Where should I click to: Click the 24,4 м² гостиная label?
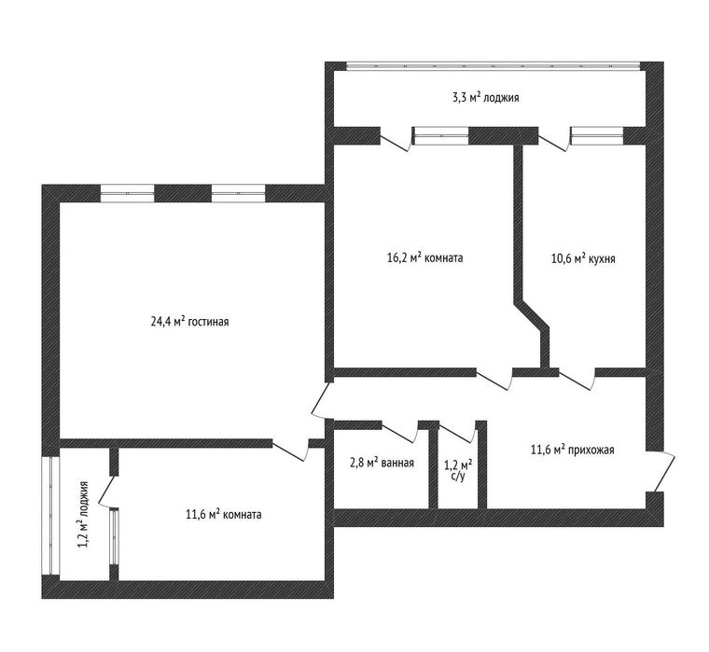coord(189,322)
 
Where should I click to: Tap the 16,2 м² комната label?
coord(425,257)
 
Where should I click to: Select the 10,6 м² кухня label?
coord(583,258)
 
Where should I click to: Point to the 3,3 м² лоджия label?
coord(486,97)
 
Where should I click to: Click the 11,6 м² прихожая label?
coord(572,450)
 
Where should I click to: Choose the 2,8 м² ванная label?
coord(382,463)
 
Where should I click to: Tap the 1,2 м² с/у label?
coord(458,469)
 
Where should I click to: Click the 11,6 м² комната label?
coord(223,514)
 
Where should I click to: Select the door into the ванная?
coord(399,431)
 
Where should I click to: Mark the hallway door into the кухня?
coord(577,379)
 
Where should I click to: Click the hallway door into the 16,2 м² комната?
coord(494,379)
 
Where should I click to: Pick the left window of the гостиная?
coord(127,193)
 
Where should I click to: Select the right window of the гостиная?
coord(238,193)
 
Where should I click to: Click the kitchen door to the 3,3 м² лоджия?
coord(554,140)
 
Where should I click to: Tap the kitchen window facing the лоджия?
coord(597,135)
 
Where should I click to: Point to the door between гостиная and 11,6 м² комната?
coord(290,450)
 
